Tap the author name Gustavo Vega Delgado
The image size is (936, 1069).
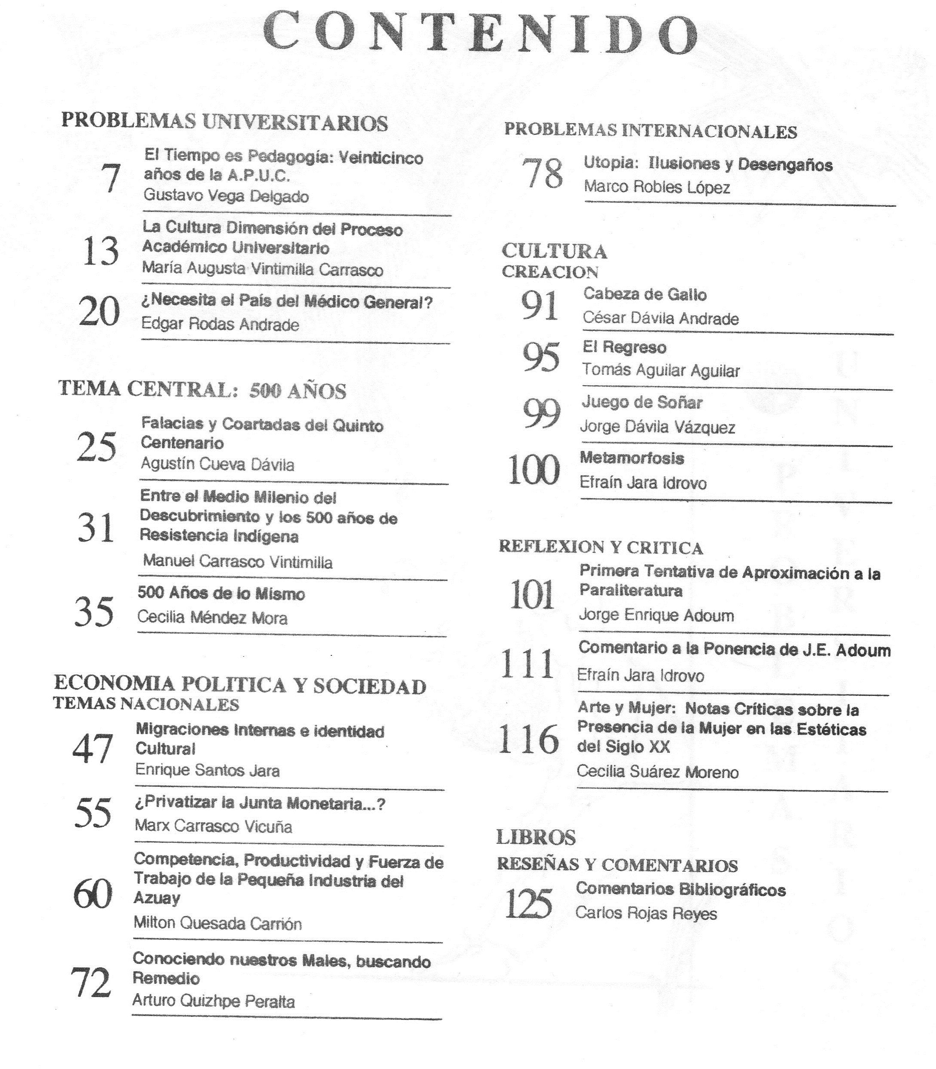click(226, 196)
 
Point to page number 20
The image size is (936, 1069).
click(99, 312)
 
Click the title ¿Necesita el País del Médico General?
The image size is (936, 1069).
click(287, 302)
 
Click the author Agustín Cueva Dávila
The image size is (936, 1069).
click(217, 464)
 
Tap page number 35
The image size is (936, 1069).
click(94, 612)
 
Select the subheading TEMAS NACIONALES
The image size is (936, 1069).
click(146, 704)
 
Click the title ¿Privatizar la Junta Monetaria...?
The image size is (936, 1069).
click(260, 804)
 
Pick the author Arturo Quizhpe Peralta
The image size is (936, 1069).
click(214, 1001)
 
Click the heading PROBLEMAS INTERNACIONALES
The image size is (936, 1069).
click(650, 131)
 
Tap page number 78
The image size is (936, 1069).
click(542, 174)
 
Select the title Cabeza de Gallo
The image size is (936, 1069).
click(645, 294)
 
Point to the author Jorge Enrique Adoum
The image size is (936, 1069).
click(656, 615)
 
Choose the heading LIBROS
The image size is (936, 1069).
click(535, 838)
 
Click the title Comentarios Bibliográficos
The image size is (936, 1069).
click(681, 889)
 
